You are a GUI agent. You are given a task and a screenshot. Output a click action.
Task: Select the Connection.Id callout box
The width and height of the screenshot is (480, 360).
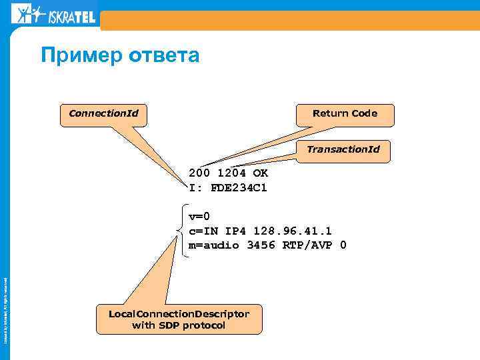coord(103,113)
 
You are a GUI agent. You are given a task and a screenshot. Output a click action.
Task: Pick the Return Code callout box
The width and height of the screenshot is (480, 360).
coord(345,114)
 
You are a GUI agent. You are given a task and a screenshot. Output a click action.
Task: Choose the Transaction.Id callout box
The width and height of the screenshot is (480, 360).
coord(343,149)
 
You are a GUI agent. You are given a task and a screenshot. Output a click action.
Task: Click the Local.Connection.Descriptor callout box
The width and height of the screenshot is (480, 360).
coord(179,319)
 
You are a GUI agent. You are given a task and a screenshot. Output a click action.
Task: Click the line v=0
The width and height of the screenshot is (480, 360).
coord(199,216)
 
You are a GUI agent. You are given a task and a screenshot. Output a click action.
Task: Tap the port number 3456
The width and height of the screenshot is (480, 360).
coord(261,245)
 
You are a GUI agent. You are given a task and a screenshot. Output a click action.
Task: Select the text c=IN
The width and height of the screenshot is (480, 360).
coord(203,231)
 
